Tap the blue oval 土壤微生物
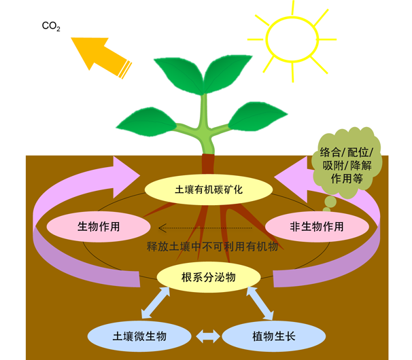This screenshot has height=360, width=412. pos(139,335)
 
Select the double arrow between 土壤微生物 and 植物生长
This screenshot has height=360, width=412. pos(206,336)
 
